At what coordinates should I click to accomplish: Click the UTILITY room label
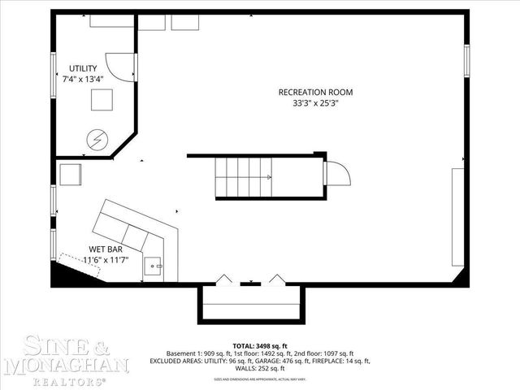tap(83, 68)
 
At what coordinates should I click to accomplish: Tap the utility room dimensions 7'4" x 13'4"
tap(83, 80)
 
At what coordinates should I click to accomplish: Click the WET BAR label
tap(106, 249)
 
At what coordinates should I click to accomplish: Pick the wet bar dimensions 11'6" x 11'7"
tap(106, 260)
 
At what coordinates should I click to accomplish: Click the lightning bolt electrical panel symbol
tap(97, 140)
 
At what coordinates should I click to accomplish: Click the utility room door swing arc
tap(123, 67)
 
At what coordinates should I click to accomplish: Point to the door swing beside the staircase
tap(338, 174)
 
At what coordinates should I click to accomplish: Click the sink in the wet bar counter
tap(154, 264)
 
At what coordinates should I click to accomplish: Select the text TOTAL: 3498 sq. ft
tap(259, 345)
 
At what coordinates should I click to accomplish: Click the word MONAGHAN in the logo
tap(66, 366)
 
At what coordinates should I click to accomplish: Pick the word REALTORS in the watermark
tap(66, 379)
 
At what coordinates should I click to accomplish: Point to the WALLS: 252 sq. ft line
tap(259, 368)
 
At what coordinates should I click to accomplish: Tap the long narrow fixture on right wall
tap(459, 216)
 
